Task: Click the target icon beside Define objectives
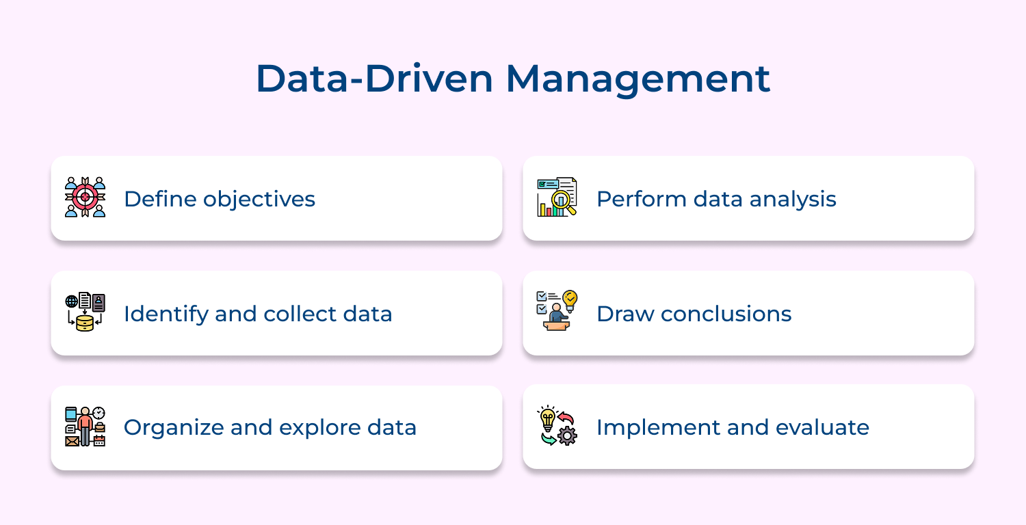pos(85,197)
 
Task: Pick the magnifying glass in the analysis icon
pos(563,200)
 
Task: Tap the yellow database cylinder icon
pos(85,323)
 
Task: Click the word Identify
pos(166,314)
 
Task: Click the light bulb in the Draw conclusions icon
pos(569,299)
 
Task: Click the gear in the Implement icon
pos(568,435)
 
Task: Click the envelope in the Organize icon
pos(72,441)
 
